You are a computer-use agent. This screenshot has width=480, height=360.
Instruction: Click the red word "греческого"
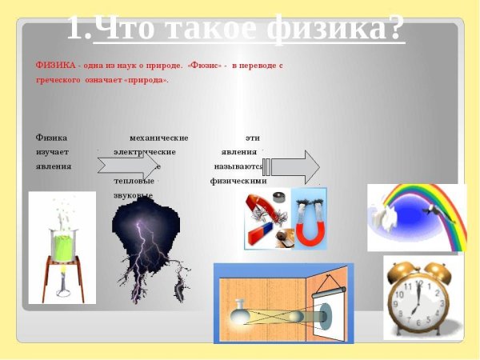tap(58, 80)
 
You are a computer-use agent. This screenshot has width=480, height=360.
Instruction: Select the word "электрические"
tap(145, 151)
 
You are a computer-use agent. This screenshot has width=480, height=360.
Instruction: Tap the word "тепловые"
tap(134, 181)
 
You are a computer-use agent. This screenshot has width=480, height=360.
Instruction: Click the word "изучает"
tap(52, 151)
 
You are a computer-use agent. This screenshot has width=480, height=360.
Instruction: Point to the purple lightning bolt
tap(146, 248)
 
